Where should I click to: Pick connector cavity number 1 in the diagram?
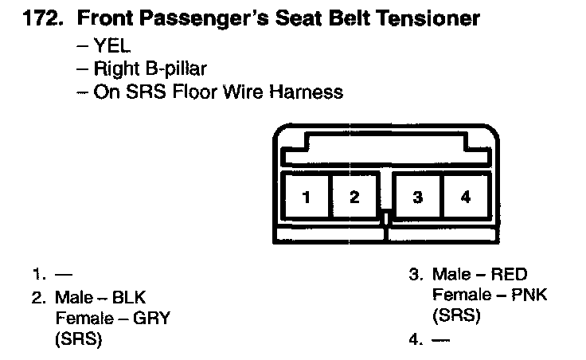coord(306,198)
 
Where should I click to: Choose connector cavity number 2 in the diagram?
coord(354,198)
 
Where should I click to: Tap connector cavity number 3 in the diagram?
coord(417,198)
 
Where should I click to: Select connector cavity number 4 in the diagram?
coord(466,198)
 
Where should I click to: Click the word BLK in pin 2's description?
coord(129,299)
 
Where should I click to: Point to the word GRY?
coord(154,319)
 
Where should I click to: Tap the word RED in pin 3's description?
coord(510,276)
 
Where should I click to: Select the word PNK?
coord(531,295)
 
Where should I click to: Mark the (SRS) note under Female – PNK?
coord(456,315)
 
